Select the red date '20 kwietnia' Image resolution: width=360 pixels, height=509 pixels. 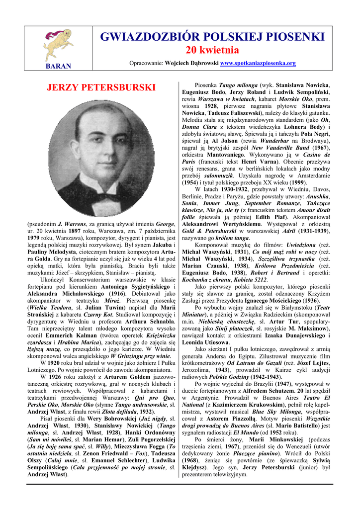click(212, 50)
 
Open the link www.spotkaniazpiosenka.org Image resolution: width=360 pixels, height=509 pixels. click(258, 63)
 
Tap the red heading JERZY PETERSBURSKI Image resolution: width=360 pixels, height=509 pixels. click(101, 88)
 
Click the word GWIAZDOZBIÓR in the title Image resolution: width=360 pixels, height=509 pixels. click(145, 37)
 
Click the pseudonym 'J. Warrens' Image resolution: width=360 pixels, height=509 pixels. click(74, 224)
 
